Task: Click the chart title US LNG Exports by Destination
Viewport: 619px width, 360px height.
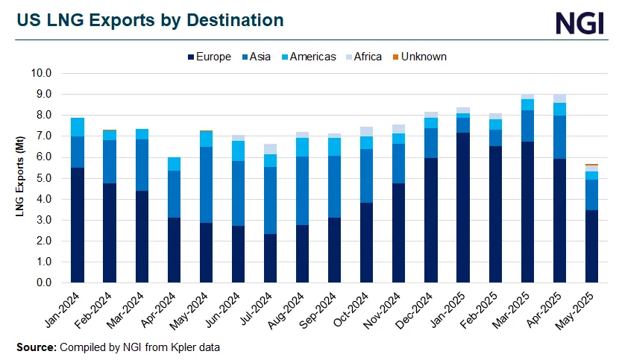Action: tap(150, 20)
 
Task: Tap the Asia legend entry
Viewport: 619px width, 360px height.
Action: tap(258, 57)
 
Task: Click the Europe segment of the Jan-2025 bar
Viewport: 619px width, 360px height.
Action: tap(462, 208)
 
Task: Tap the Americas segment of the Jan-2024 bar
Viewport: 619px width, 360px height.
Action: tap(77, 127)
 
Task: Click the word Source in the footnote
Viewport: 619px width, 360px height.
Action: tap(36, 347)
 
